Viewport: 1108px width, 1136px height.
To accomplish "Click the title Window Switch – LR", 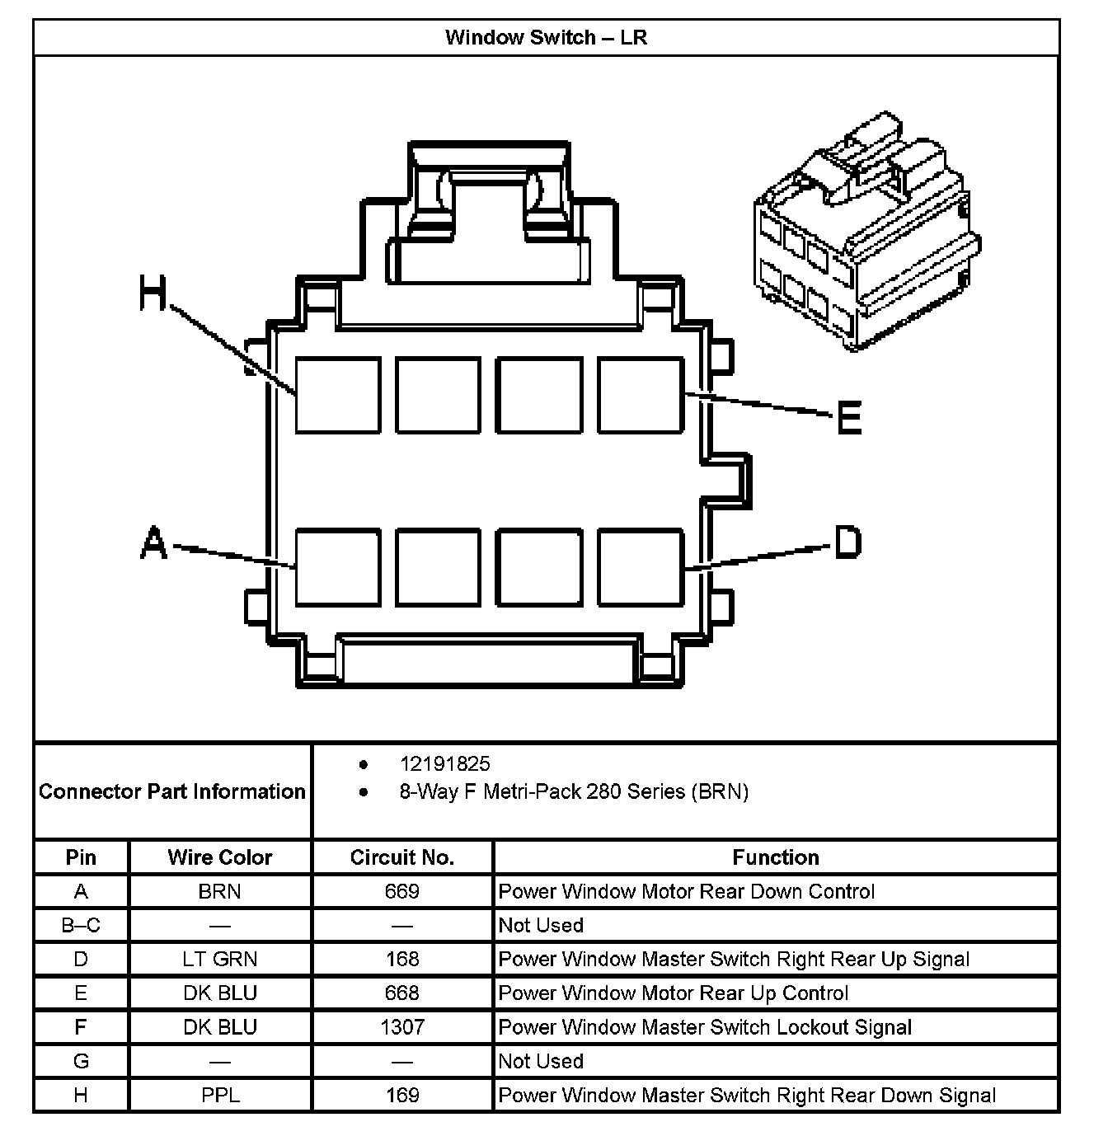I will pos(546,37).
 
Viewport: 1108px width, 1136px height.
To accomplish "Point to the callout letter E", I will pos(849,417).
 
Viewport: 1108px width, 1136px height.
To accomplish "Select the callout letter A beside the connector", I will pos(154,544).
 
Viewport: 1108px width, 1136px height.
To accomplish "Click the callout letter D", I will pos(847,542).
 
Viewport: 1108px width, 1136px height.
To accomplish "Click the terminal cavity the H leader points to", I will pos(338,395).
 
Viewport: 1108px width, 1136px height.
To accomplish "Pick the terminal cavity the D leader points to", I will pos(641,567).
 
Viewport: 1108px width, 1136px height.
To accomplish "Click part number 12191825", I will pos(444,763).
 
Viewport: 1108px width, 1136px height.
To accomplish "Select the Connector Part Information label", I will pos(172,791).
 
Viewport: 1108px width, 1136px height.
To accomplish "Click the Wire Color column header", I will pos(220,857).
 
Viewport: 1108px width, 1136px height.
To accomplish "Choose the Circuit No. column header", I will pos(402,857).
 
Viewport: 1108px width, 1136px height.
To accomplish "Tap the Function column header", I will pos(776,857).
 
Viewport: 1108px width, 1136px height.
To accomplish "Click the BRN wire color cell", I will pos(220,891).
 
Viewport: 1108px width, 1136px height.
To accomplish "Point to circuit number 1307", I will pos(402,1027).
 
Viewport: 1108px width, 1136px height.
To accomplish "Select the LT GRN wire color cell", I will pos(220,959).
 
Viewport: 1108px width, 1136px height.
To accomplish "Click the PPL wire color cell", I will pos(220,1095).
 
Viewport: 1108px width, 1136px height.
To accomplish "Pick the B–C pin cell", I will pos(81,925).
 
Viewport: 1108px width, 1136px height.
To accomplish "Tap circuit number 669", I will pos(402,891).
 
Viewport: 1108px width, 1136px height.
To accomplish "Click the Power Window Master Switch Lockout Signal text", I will pos(705,1027).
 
